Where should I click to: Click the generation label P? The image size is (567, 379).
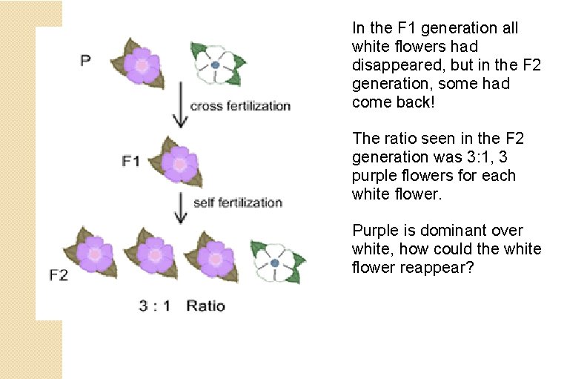(x=86, y=61)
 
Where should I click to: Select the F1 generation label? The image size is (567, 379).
(x=130, y=160)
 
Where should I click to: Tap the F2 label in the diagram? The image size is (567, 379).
(x=59, y=275)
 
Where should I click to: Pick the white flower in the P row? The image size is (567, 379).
(x=214, y=65)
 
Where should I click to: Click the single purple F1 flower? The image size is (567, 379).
(x=179, y=162)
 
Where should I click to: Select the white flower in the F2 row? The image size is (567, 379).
(x=275, y=261)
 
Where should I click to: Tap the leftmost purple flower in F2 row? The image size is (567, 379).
(x=96, y=254)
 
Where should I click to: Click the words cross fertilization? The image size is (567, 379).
(x=240, y=106)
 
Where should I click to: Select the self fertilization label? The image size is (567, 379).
(x=237, y=202)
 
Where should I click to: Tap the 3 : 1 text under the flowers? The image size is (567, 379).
(x=155, y=306)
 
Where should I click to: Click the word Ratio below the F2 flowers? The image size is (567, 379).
(x=206, y=306)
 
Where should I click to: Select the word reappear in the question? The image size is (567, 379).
(x=436, y=267)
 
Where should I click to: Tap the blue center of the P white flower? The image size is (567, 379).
(x=214, y=65)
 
